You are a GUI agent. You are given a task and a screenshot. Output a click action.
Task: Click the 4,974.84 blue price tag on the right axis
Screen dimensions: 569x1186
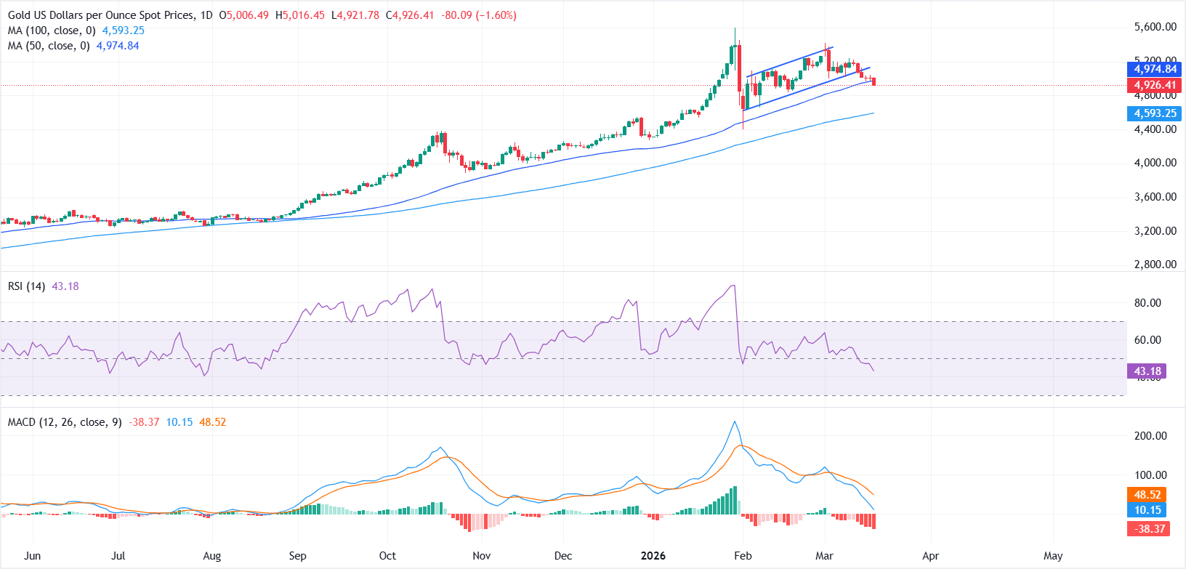[1155, 69]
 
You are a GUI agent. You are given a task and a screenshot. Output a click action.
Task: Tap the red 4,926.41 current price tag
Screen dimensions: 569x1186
[1155, 85]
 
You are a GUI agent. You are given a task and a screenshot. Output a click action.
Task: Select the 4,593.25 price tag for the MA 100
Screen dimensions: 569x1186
[1155, 113]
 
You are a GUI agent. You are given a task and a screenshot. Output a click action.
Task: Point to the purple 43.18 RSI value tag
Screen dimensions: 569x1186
[1147, 371]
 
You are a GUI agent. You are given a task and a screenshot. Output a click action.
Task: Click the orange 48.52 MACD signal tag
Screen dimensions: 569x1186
[1147, 495]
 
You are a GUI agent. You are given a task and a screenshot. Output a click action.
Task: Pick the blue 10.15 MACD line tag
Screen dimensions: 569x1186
[1147, 510]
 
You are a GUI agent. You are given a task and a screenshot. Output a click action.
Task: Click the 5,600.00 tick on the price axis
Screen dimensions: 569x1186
[1155, 27]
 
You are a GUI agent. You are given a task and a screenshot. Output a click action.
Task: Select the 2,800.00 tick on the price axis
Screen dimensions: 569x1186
[1155, 265]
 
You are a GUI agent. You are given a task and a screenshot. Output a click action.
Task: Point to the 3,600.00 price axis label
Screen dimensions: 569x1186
[1155, 197]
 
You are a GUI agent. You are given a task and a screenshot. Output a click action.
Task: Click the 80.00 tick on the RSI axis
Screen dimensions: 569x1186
[1147, 303]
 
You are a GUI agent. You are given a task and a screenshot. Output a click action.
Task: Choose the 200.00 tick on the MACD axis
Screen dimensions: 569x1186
[1150, 436]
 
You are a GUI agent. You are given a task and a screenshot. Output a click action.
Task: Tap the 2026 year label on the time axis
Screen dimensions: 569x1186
[653, 556]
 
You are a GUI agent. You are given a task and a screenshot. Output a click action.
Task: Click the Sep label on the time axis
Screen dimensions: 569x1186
[297, 556]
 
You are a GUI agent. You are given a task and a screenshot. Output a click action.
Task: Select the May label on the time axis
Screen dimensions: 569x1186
[1053, 556]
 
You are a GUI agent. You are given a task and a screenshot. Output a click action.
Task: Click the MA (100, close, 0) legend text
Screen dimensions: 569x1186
[52, 31]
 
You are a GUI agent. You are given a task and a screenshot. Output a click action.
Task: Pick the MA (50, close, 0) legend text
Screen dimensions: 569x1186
[49, 46]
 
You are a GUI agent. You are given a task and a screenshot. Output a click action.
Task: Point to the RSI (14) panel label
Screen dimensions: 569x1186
[26, 286]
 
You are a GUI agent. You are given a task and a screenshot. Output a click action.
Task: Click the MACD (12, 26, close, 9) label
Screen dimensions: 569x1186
[65, 422]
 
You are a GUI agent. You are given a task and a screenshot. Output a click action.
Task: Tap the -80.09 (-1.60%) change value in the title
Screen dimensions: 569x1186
[479, 15]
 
